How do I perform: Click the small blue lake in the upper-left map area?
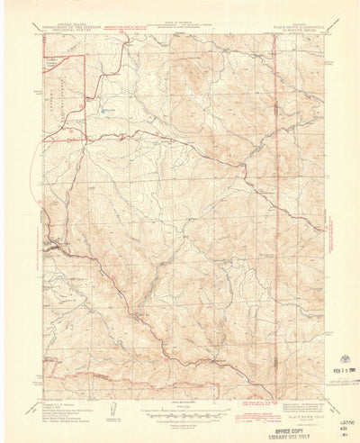point(106,112)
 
